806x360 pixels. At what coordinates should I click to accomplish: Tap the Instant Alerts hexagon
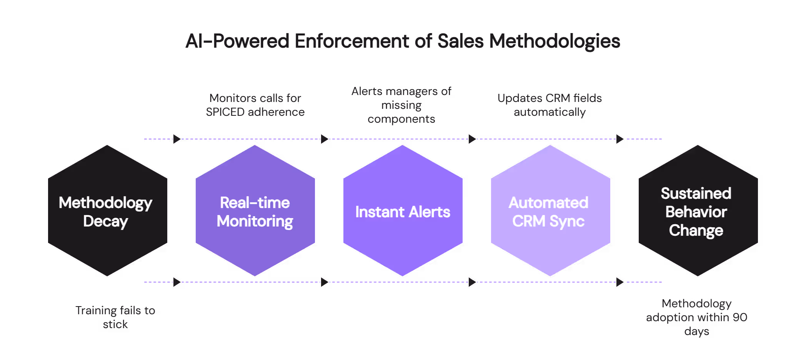[403, 246]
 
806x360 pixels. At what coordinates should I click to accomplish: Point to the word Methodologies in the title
[554, 41]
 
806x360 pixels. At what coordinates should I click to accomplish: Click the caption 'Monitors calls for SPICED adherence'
[255, 105]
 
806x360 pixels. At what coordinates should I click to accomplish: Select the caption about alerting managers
[401, 105]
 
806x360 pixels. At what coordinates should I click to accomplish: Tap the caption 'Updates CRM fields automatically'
[550, 105]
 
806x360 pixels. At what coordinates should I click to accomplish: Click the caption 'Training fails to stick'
[115, 317]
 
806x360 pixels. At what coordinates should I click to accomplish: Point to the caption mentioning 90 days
[696, 317]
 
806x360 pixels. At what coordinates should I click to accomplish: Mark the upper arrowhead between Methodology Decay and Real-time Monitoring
[177, 139]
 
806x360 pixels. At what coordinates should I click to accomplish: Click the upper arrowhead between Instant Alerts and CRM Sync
[472, 139]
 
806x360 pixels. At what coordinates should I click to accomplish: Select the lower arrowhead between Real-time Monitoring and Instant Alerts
[325, 282]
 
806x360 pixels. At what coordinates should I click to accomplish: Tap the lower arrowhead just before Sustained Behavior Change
[620, 282]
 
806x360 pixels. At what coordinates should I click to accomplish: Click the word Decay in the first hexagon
[105, 222]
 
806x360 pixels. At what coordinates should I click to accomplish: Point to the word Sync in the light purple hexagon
[567, 222]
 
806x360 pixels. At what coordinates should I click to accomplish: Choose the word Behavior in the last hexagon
[696, 212]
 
